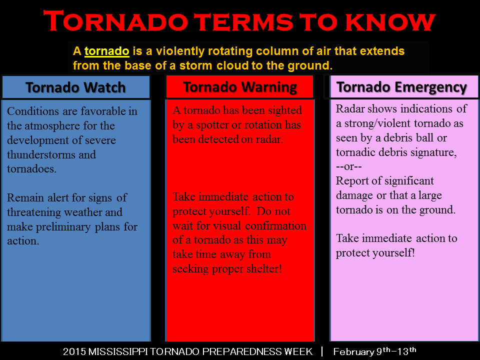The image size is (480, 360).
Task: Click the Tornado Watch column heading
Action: [75, 87]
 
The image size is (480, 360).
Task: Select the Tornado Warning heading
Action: [240, 87]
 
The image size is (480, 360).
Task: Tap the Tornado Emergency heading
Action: [401, 87]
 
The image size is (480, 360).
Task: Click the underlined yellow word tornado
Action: [107, 51]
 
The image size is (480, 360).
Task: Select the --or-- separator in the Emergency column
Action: [352, 166]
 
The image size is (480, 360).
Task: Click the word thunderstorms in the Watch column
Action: [38, 154]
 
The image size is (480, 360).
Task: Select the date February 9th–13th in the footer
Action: [374, 351]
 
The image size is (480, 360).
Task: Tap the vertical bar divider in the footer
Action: [322, 351]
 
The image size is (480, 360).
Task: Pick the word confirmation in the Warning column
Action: [277, 226]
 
